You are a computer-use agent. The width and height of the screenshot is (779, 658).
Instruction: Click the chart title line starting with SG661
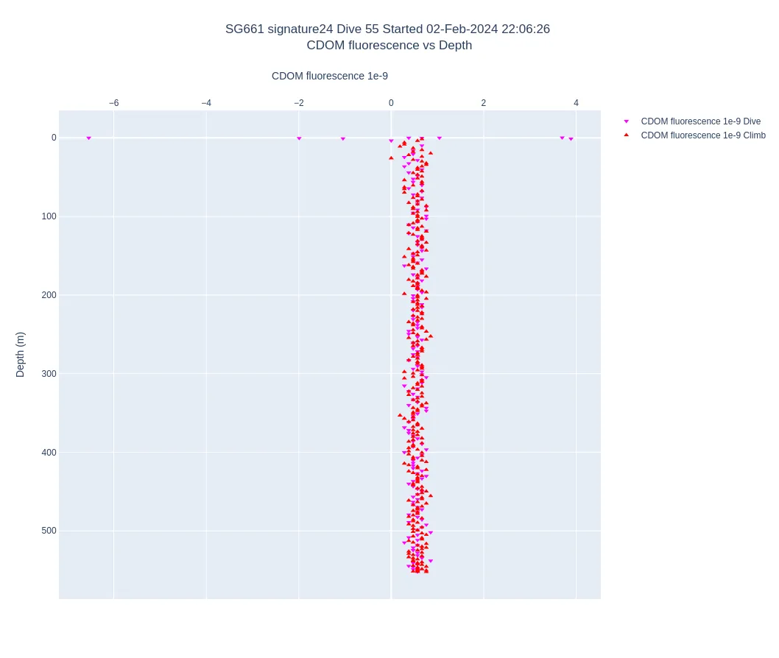pos(387,29)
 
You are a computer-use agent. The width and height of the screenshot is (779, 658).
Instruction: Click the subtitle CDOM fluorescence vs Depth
pos(389,46)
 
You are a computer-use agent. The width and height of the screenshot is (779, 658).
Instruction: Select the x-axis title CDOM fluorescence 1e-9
pos(329,76)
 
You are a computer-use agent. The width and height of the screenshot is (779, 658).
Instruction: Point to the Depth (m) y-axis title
pos(21,354)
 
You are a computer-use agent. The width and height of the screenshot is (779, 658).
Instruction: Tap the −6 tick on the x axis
pos(113,103)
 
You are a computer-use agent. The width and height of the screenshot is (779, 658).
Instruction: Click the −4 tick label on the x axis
pos(206,103)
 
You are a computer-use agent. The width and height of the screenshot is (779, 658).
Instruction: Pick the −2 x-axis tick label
pos(298,103)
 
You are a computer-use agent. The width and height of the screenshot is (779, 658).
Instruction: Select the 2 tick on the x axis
pos(484,103)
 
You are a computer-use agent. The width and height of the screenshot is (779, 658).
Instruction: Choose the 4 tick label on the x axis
pos(576,103)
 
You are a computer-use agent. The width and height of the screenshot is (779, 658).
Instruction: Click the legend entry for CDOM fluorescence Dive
pos(700,121)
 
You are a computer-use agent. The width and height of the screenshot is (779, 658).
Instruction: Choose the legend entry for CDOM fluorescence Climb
pos(702,135)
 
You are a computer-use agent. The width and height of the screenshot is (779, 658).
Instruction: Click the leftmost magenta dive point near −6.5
pos(88,138)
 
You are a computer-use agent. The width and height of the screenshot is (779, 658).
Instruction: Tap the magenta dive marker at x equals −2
pos(299,138)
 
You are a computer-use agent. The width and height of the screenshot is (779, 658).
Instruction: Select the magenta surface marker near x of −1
pos(342,139)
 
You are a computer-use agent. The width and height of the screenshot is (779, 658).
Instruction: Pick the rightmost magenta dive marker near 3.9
pos(571,139)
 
